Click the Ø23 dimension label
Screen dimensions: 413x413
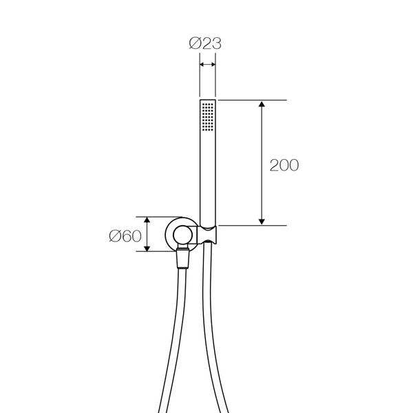tap(205, 43)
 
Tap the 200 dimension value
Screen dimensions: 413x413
tap(284, 165)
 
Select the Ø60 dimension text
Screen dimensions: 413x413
tap(125, 236)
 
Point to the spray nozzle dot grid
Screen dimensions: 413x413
tap(208, 117)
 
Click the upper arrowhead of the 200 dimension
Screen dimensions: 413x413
tap(262, 104)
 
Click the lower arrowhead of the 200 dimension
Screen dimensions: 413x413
tap(262, 222)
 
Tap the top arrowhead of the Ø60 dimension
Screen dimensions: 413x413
tap(147, 220)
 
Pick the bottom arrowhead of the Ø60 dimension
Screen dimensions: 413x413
tap(147, 248)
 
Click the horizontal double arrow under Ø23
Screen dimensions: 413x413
tap(208, 64)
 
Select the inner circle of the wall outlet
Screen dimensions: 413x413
tap(183, 226)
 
